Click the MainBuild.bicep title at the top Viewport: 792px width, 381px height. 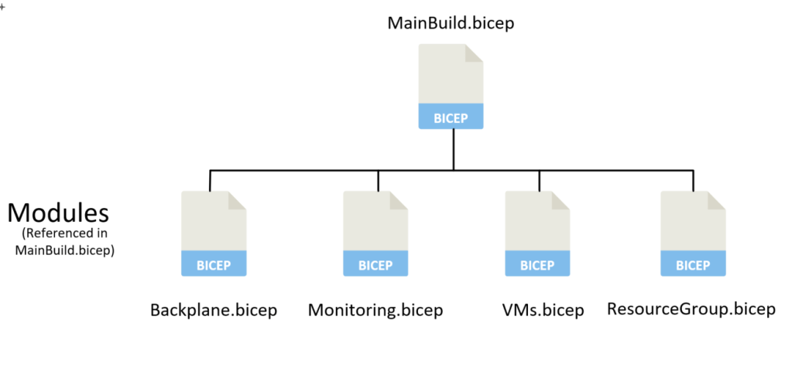click(x=451, y=22)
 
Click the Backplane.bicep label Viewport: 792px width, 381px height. click(x=213, y=311)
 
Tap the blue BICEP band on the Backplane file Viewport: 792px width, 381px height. click(x=213, y=264)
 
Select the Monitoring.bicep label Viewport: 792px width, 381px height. click(x=375, y=311)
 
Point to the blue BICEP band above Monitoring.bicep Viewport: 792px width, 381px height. click(x=375, y=264)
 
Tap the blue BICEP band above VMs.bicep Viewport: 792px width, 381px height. click(x=537, y=264)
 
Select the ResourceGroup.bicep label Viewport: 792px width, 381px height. click(x=691, y=310)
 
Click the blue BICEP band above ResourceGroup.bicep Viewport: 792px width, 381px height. click(x=693, y=264)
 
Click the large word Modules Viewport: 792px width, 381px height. click(x=58, y=213)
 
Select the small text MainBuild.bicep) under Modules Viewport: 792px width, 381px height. click(x=65, y=250)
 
